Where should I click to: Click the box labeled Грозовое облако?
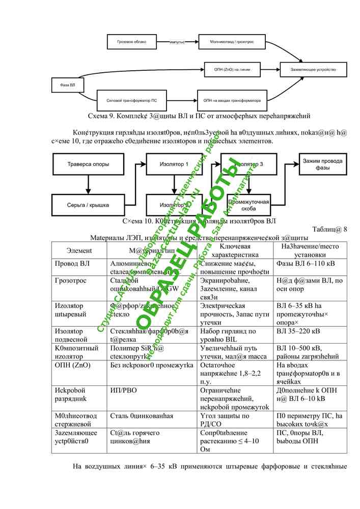[132, 41]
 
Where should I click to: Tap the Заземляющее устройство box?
[313, 69]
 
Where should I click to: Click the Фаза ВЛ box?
[68, 84]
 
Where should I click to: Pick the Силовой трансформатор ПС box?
[132, 101]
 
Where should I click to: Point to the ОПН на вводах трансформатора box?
[232, 101]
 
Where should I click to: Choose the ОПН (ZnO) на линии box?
[232, 69]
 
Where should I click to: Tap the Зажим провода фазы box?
[323, 164]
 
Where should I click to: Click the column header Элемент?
[79, 250]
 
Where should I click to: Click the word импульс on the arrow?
[177, 42]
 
